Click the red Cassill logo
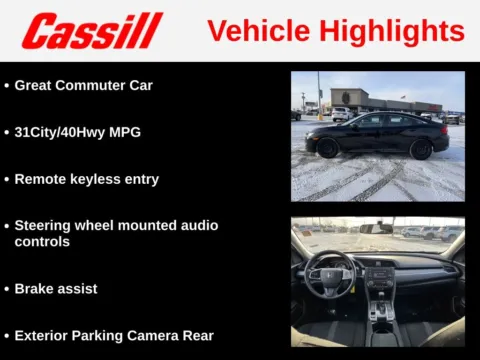(x=92, y=30)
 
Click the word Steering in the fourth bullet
(x=45, y=226)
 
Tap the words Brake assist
(x=56, y=288)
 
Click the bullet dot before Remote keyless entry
(x=6, y=180)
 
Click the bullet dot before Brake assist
(x=6, y=289)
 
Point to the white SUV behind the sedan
(x=342, y=113)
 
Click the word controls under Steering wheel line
(x=42, y=242)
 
